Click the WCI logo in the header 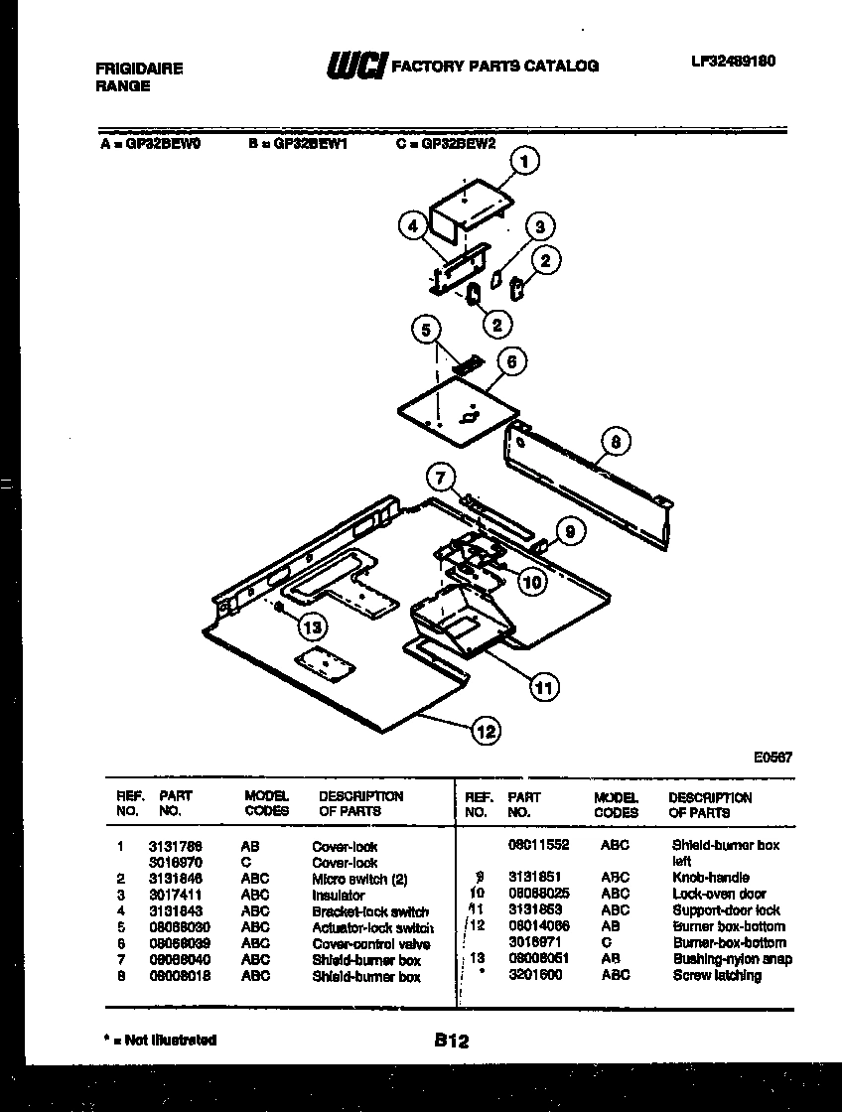tap(355, 67)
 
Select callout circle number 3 tap(538, 227)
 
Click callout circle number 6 tap(510, 362)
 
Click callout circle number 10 tap(532, 582)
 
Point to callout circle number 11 tap(542, 686)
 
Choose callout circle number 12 tap(486, 732)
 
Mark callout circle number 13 tap(313, 626)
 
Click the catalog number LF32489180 tap(733, 62)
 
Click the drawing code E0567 tap(772, 757)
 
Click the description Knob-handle tap(710, 878)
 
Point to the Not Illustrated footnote tap(160, 1040)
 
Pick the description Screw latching tap(716, 975)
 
